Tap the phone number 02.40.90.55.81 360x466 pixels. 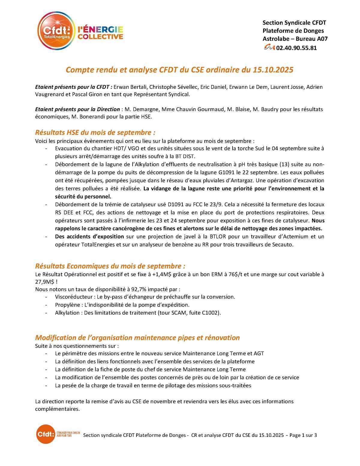coord(296,48)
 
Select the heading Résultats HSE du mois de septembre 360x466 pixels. coord(95,132)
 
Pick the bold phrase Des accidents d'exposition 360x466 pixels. coord(89,237)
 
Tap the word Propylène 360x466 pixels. coord(67,305)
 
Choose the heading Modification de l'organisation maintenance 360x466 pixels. coord(137,338)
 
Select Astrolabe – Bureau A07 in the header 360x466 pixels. coord(295,39)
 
